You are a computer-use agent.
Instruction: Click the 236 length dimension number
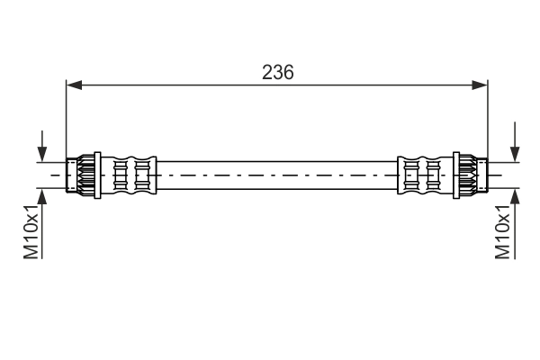pos(277,73)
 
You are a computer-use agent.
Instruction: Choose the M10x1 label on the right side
pos(505,233)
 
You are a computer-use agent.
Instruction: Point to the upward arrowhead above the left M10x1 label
pos(41,193)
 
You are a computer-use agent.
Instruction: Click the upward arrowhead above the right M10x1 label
pos(514,193)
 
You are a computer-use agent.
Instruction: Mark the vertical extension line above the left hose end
pos(67,117)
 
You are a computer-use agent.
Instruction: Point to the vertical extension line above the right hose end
pos(487,117)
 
